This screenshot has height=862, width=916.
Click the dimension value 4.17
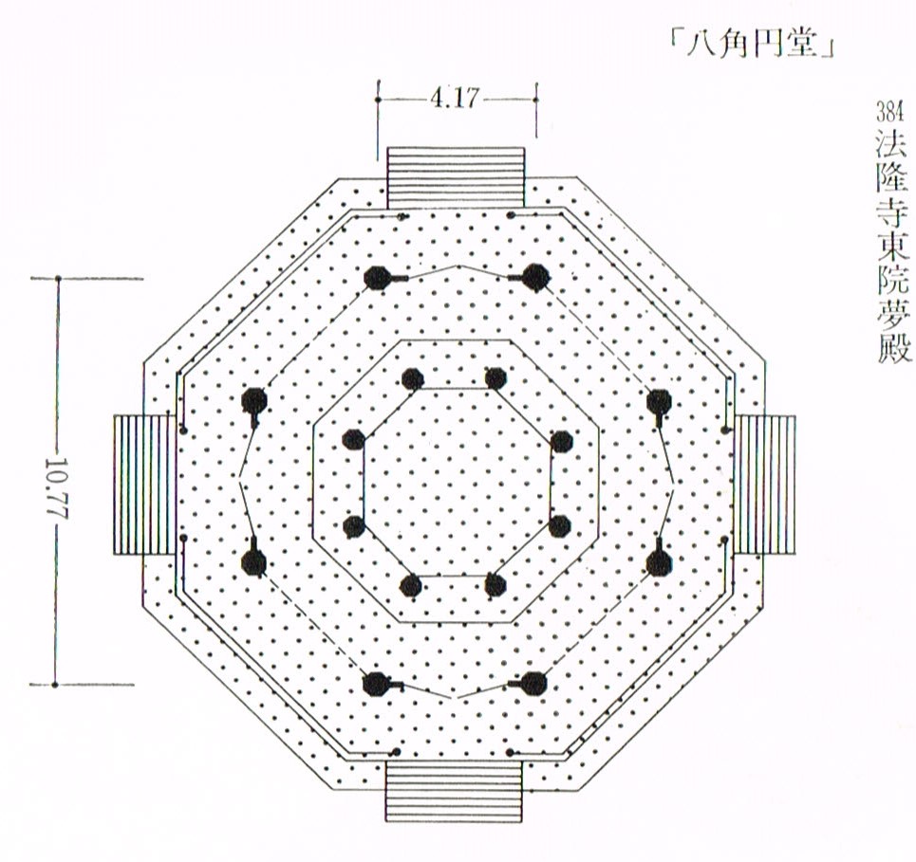point(455,98)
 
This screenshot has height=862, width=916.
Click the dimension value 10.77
point(57,486)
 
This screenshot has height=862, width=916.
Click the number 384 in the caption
point(889,111)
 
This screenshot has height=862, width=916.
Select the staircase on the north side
point(456,177)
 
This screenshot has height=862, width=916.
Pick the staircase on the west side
point(144,485)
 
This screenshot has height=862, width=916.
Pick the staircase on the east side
point(764,485)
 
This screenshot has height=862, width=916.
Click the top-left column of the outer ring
point(376,278)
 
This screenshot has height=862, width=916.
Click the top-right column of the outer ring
point(534,277)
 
